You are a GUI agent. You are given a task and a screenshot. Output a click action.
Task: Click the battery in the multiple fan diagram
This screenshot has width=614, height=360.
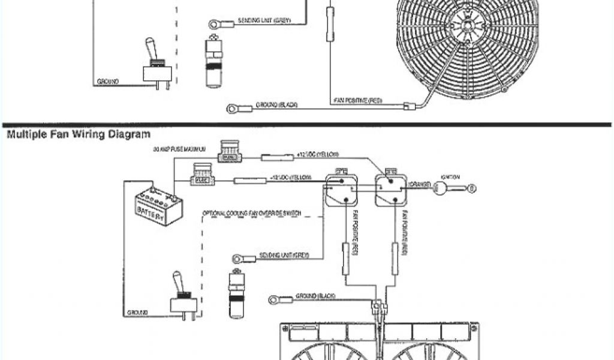point(158,206)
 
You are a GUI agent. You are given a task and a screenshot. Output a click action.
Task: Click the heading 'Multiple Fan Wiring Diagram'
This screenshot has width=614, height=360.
point(78,134)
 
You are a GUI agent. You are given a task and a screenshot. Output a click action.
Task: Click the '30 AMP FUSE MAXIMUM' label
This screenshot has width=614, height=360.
point(180,148)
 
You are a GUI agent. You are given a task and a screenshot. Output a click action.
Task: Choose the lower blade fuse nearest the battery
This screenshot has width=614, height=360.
point(201,175)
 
